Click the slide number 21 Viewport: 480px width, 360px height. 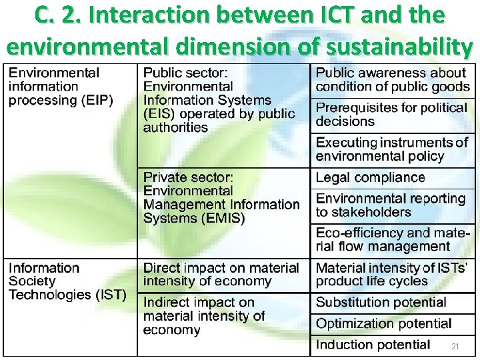pyautogui.click(x=455, y=347)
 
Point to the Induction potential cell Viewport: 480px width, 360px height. pyautogui.click(x=373, y=345)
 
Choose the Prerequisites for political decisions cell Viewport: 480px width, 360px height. pyautogui.click(x=391, y=115)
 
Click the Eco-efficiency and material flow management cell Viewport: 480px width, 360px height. pyautogui.click(x=393, y=240)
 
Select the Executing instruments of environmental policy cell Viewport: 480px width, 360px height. pyautogui.click(x=392, y=149)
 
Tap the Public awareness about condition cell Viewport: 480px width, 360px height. pyautogui.click(x=392, y=80)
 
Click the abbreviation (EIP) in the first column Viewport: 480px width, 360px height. pyautogui.click(x=97, y=101)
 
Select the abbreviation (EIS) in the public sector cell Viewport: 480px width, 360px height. pyautogui.click(x=159, y=114)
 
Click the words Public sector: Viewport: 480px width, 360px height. pyautogui.click(x=185, y=73)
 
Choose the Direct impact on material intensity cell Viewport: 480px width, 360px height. pyautogui.click(x=221, y=275)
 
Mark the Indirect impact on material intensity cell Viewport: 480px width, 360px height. pyautogui.click(x=204, y=316)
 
